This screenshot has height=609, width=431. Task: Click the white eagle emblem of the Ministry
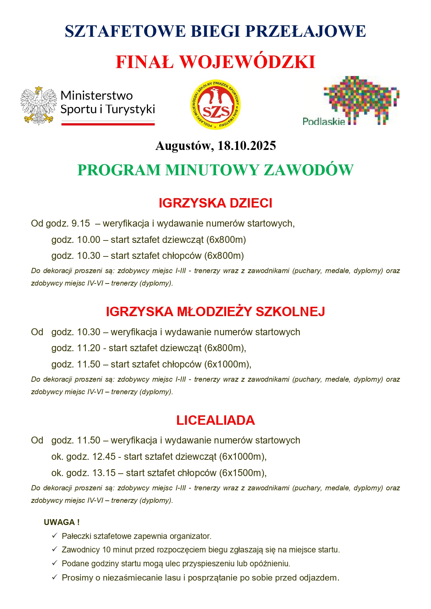(x=39, y=105)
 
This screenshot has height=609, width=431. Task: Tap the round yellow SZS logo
(x=216, y=105)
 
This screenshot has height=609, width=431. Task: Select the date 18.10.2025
(x=247, y=146)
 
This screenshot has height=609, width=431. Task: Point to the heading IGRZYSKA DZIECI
(x=215, y=203)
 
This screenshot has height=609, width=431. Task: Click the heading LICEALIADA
(x=215, y=420)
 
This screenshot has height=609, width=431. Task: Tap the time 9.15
(x=81, y=223)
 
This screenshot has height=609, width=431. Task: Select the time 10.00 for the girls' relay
(x=89, y=240)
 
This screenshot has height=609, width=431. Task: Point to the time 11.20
(x=89, y=348)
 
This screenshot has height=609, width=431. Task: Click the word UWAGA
(x=59, y=522)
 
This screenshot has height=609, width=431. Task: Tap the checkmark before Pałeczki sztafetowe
(x=55, y=536)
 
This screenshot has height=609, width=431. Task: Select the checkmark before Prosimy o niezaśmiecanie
(x=55, y=577)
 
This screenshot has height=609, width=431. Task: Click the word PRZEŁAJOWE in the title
(x=306, y=31)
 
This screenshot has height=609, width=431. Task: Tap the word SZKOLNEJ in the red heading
(x=290, y=312)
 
